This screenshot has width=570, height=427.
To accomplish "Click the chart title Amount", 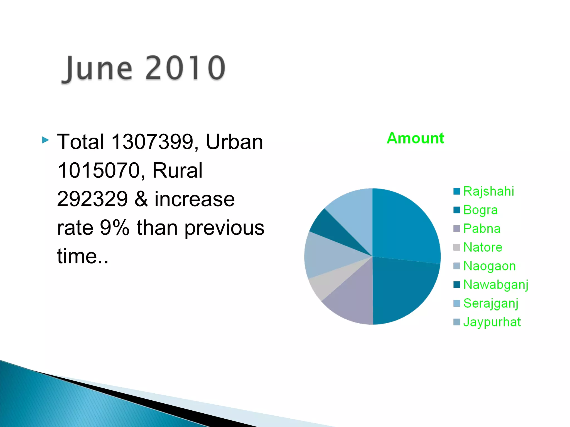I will coord(415,138).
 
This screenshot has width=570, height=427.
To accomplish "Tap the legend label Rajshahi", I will coord(488,191).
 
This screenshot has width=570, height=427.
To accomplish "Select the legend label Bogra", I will coord(480,210).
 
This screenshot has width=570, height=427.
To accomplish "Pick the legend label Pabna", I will coord(482,229).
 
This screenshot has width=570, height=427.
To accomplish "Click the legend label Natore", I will coord(483,247).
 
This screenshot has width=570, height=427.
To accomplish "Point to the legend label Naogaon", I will coord(489,266).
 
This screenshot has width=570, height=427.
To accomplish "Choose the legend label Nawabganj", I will coord(496,285).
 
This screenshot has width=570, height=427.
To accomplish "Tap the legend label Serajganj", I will coord(491,303).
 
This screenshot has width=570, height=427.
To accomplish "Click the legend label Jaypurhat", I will coord(492,322).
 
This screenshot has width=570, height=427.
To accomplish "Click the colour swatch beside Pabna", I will coord(457,229).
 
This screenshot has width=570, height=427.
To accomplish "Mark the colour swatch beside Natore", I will coord(457,247).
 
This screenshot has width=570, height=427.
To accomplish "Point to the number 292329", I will coord(92,199).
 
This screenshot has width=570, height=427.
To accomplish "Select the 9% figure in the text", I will coord(114,228).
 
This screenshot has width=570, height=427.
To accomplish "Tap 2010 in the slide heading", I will coord(185,68).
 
